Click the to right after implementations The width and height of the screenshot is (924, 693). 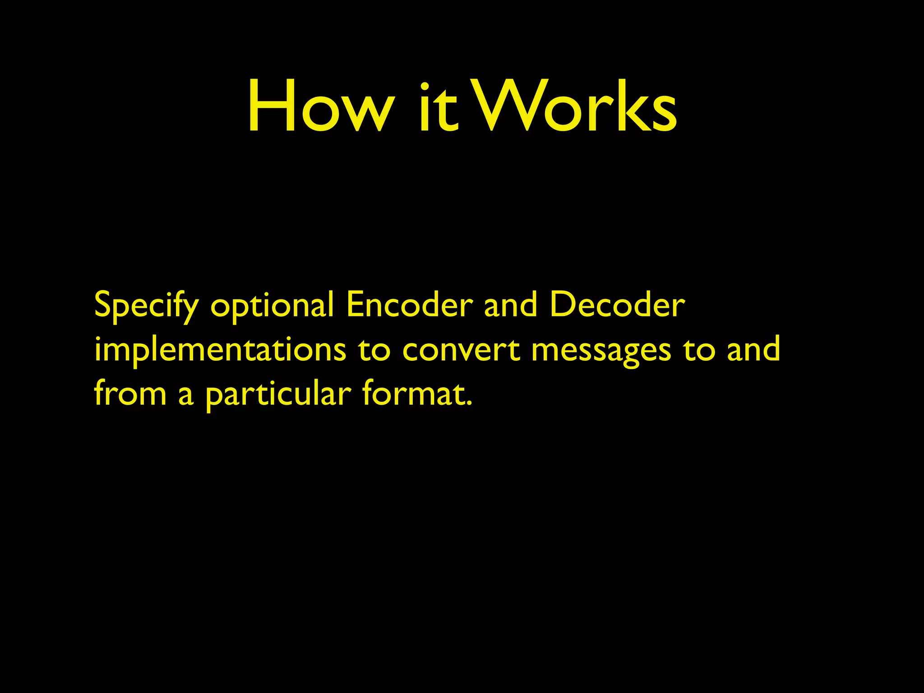pyautogui.click(x=374, y=350)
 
